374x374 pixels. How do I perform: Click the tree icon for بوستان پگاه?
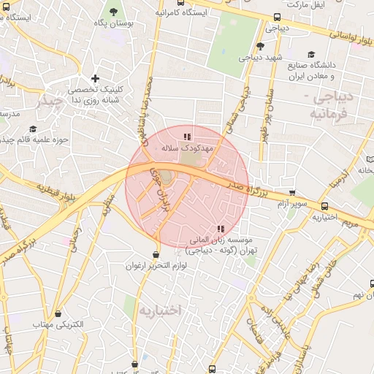[x=113, y=11]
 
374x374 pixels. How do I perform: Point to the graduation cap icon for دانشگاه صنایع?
[x=312, y=54]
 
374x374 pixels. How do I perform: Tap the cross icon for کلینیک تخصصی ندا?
[x=95, y=78]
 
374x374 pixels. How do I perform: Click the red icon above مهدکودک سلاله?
[x=188, y=136]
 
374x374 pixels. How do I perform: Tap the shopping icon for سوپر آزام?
[x=292, y=193]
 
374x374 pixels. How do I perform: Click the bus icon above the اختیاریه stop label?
[x=325, y=207]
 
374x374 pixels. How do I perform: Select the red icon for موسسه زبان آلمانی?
[x=221, y=229]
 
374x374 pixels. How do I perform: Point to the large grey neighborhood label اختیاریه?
[x=159, y=311]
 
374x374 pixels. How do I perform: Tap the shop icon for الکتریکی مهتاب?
[x=37, y=324]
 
